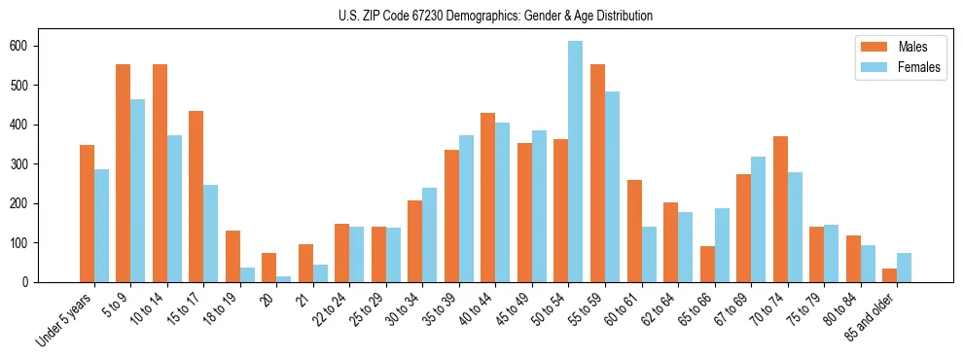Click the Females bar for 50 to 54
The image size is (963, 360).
pyautogui.click(x=576, y=162)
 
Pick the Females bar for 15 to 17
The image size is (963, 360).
pyautogui.click(x=211, y=234)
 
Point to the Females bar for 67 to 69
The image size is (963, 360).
pyautogui.click(x=759, y=219)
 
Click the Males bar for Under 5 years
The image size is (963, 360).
pyautogui.click(x=87, y=213)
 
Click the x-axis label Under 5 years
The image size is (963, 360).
pyautogui.click(x=65, y=320)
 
